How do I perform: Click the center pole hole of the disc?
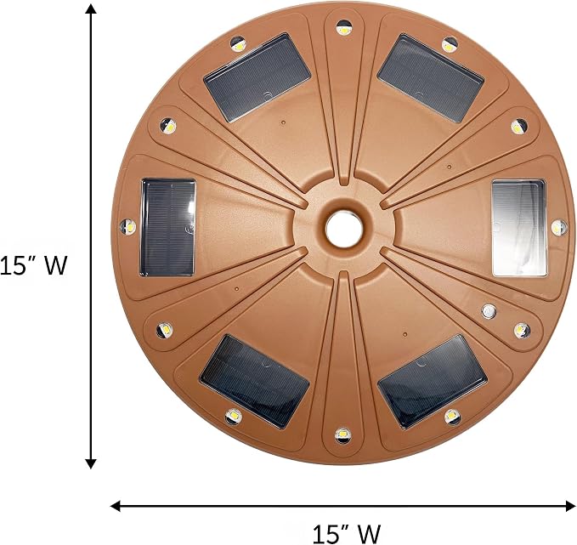pyautogui.click(x=344, y=229)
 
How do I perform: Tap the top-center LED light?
pyautogui.click(x=344, y=28)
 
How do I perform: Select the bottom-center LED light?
pyautogui.click(x=343, y=435)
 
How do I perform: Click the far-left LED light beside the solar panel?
pyautogui.click(x=128, y=226)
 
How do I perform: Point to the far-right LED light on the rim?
pyautogui.click(x=558, y=228)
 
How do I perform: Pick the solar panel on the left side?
pyautogui.click(x=167, y=228)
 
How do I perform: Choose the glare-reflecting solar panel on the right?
pyautogui.click(x=519, y=229)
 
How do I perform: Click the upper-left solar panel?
pyautogui.click(x=257, y=77)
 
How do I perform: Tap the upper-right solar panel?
pyautogui.click(x=430, y=78)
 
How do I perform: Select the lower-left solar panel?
pyautogui.click(x=254, y=382)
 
